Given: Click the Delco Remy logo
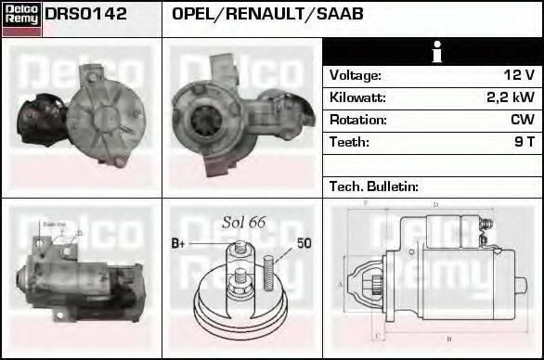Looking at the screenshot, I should (x=21, y=18).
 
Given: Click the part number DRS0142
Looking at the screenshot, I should (x=85, y=14).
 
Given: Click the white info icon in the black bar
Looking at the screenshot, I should (x=433, y=52).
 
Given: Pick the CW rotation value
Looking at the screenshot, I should (x=522, y=120).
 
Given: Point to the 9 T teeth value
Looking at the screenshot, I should (x=523, y=142).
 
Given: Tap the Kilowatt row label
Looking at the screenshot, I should (x=357, y=97).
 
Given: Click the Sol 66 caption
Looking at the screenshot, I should (x=244, y=222).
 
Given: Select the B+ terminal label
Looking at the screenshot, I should (x=178, y=244).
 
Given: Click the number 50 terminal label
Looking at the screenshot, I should (x=304, y=244).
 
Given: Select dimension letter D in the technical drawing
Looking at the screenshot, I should (x=434, y=204).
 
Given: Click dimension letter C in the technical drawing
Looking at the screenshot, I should (x=374, y=337).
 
